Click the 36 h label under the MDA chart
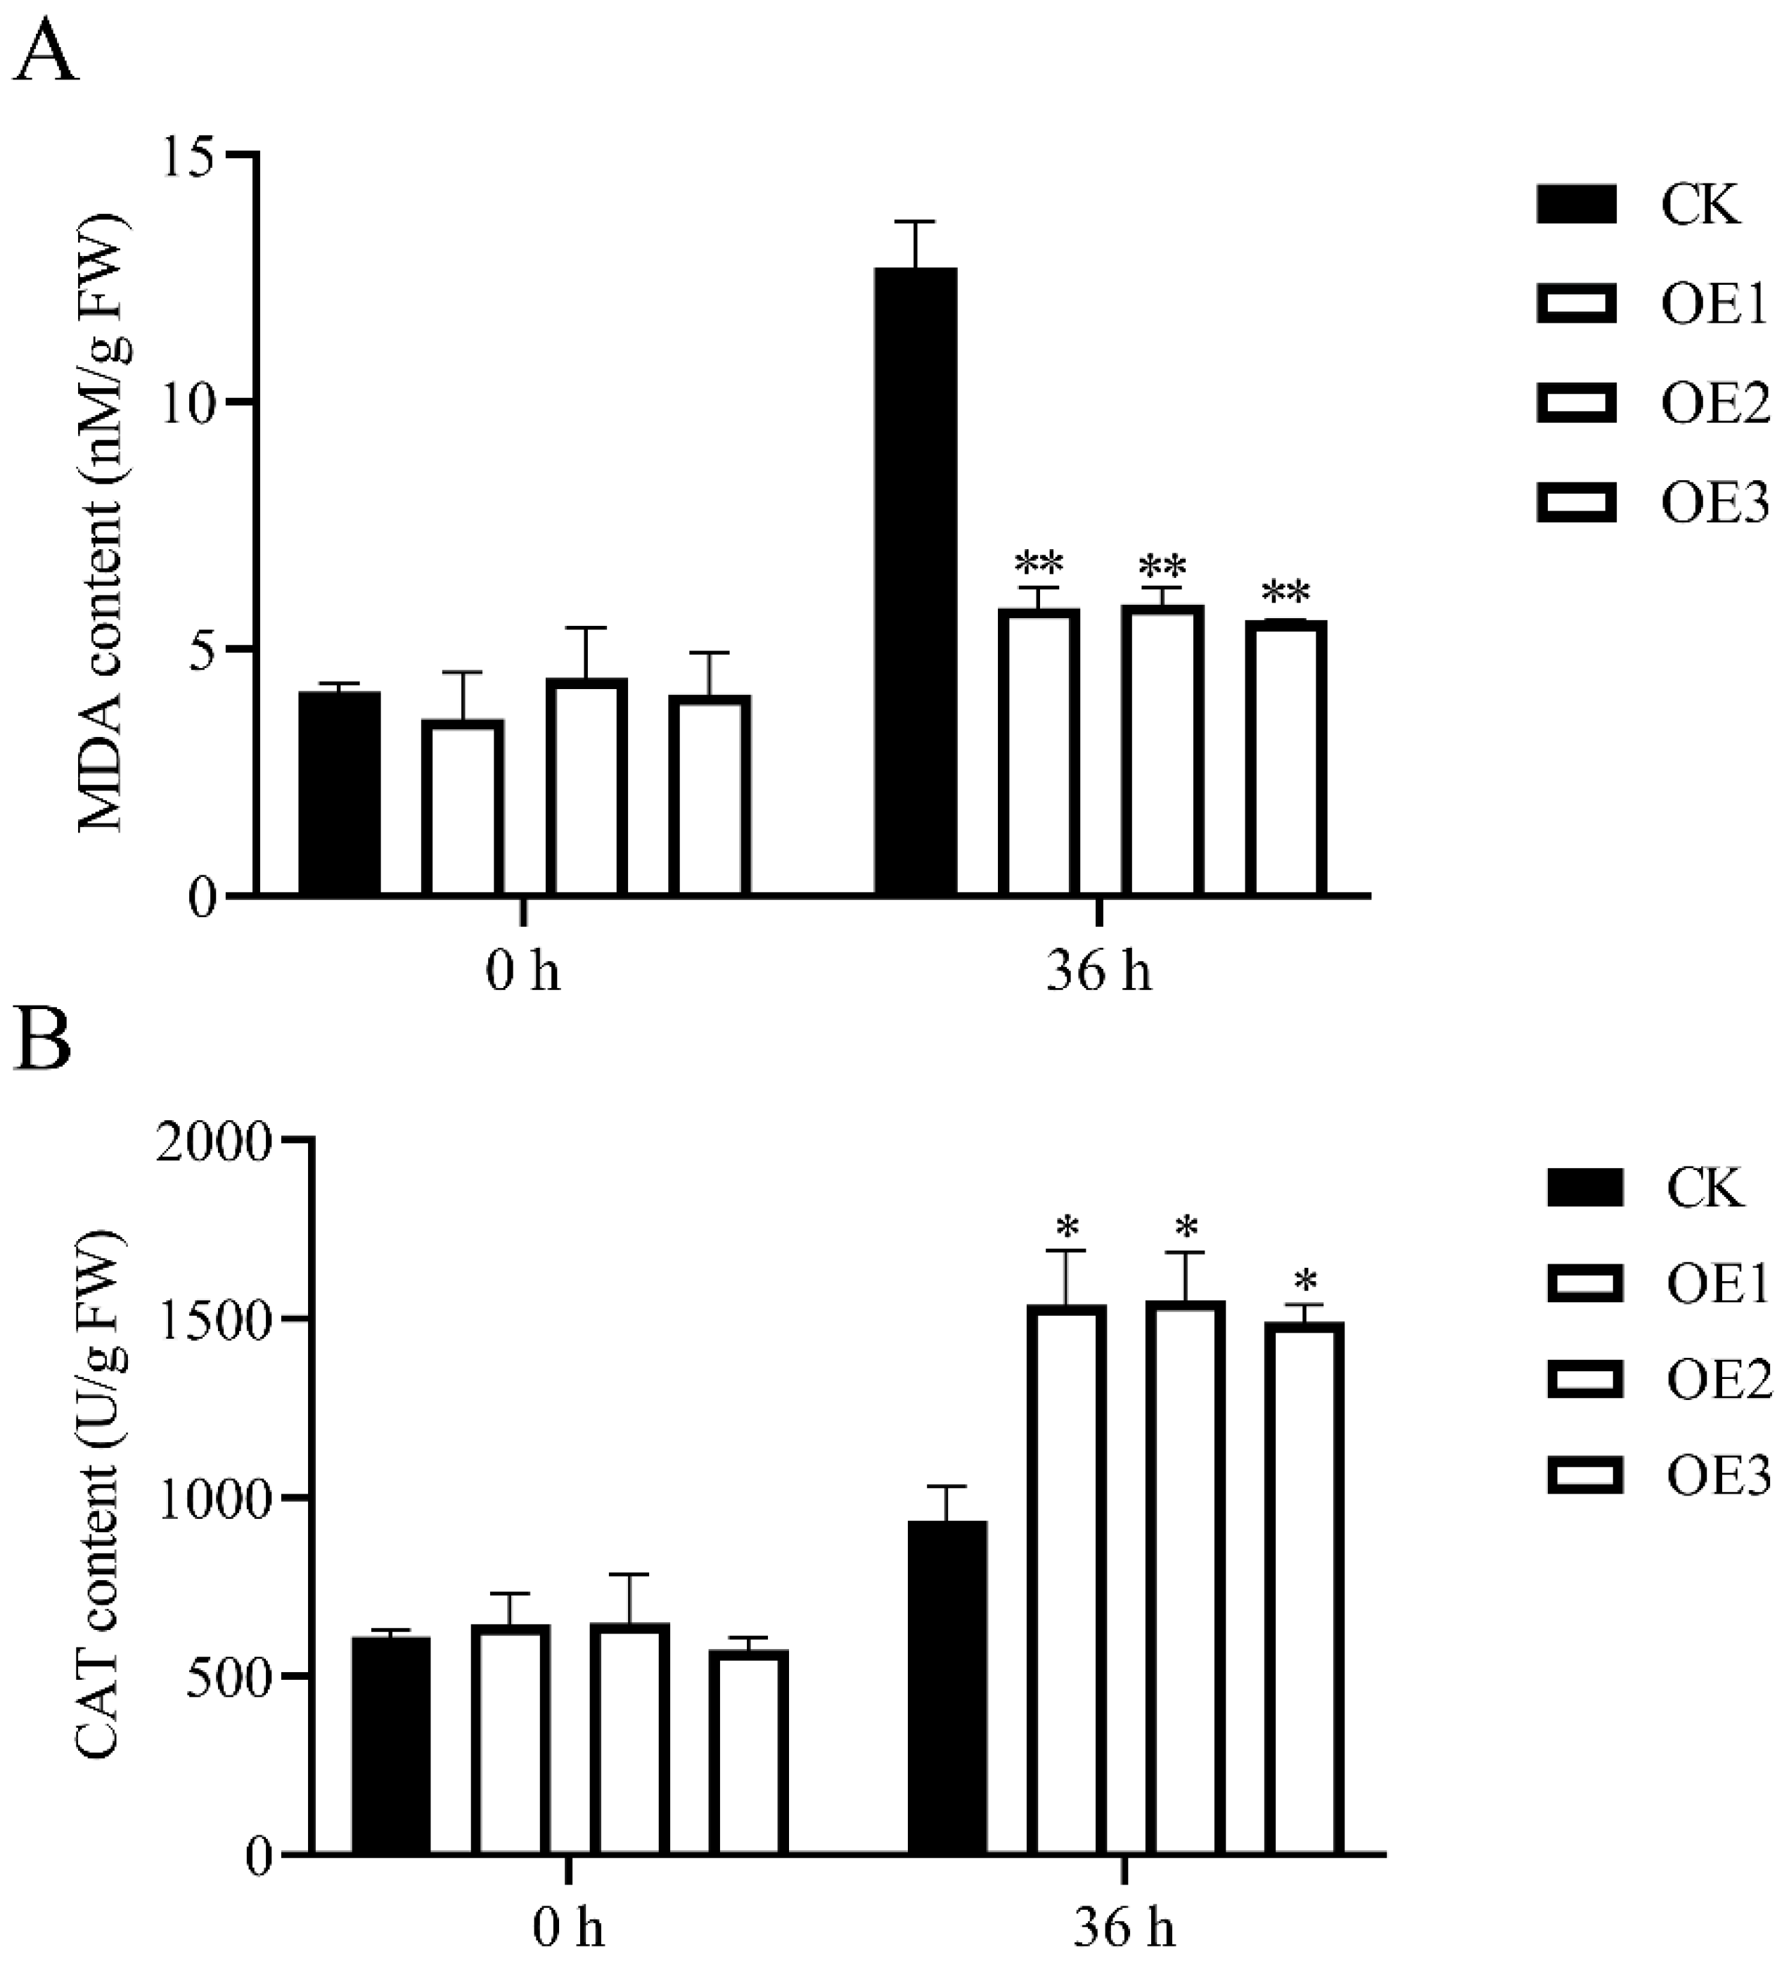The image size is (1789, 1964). click(x=1098, y=971)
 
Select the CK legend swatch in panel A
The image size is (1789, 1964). click(x=1576, y=205)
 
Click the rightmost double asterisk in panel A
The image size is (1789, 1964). click(x=1285, y=592)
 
